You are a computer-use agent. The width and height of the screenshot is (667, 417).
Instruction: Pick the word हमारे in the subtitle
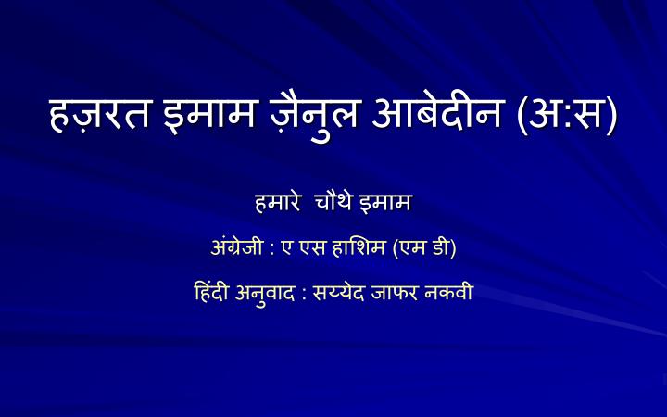click(281, 202)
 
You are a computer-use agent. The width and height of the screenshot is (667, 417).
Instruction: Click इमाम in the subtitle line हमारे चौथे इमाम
click(388, 202)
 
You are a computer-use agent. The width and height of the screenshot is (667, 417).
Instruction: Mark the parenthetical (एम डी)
click(425, 249)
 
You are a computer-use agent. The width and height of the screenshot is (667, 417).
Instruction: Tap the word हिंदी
click(206, 295)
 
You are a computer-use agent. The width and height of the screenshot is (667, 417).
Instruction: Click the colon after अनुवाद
click(305, 297)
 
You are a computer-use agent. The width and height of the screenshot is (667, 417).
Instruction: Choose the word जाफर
click(401, 295)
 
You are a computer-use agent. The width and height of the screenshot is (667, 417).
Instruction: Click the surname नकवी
click(453, 295)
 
